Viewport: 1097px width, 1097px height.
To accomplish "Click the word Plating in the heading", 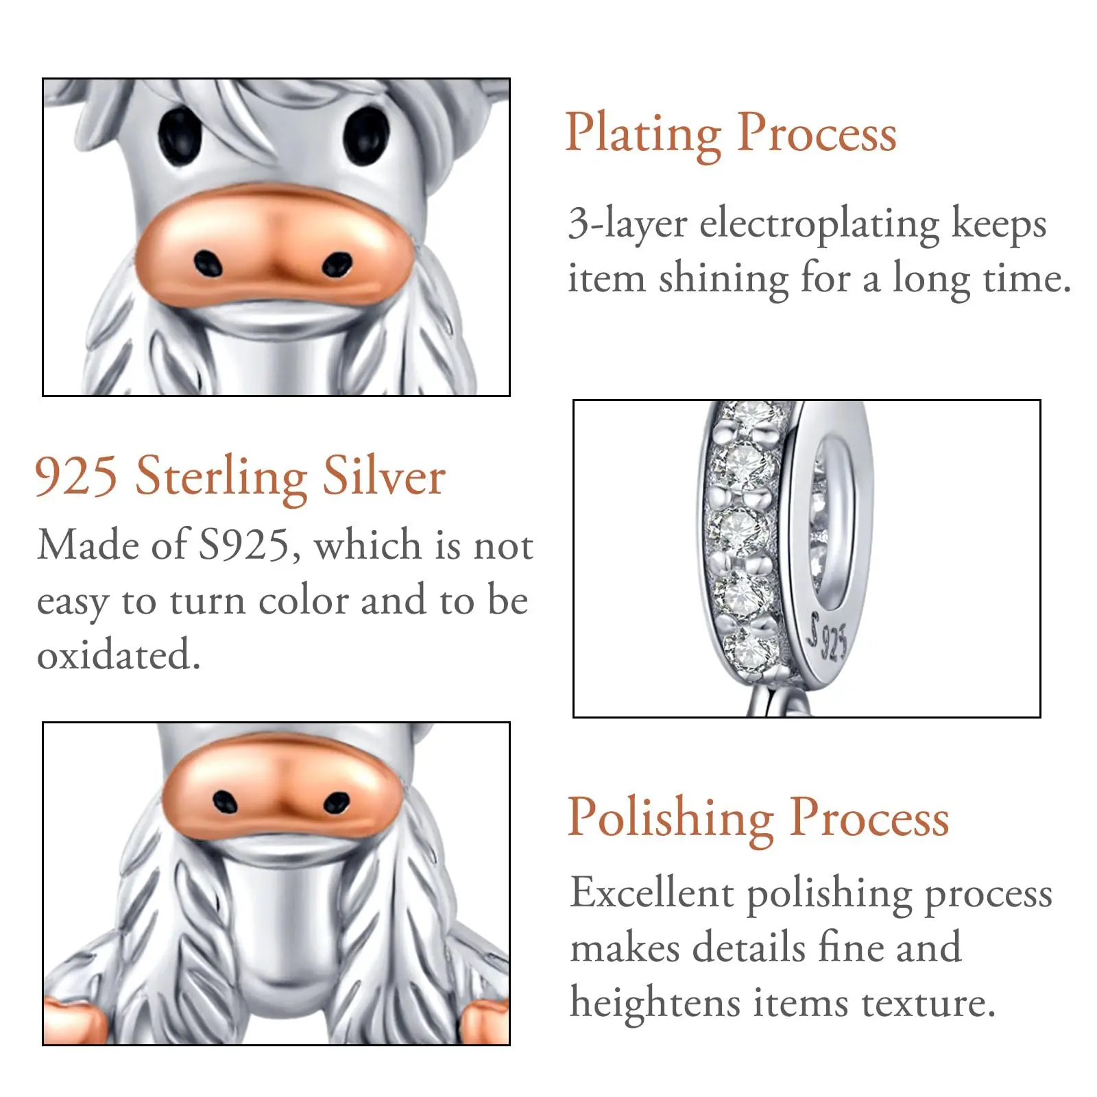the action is (643, 134).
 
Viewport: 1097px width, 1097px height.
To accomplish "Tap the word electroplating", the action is (819, 225).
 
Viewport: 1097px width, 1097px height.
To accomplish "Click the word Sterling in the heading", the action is (221, 477).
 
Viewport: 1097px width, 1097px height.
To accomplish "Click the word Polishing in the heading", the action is (671, 819).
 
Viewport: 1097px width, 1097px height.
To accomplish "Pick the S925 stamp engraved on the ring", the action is (828, 636).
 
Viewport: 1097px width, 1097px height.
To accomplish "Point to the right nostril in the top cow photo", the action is (337, 265).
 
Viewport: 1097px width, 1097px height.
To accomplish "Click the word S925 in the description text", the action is (244, 546).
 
